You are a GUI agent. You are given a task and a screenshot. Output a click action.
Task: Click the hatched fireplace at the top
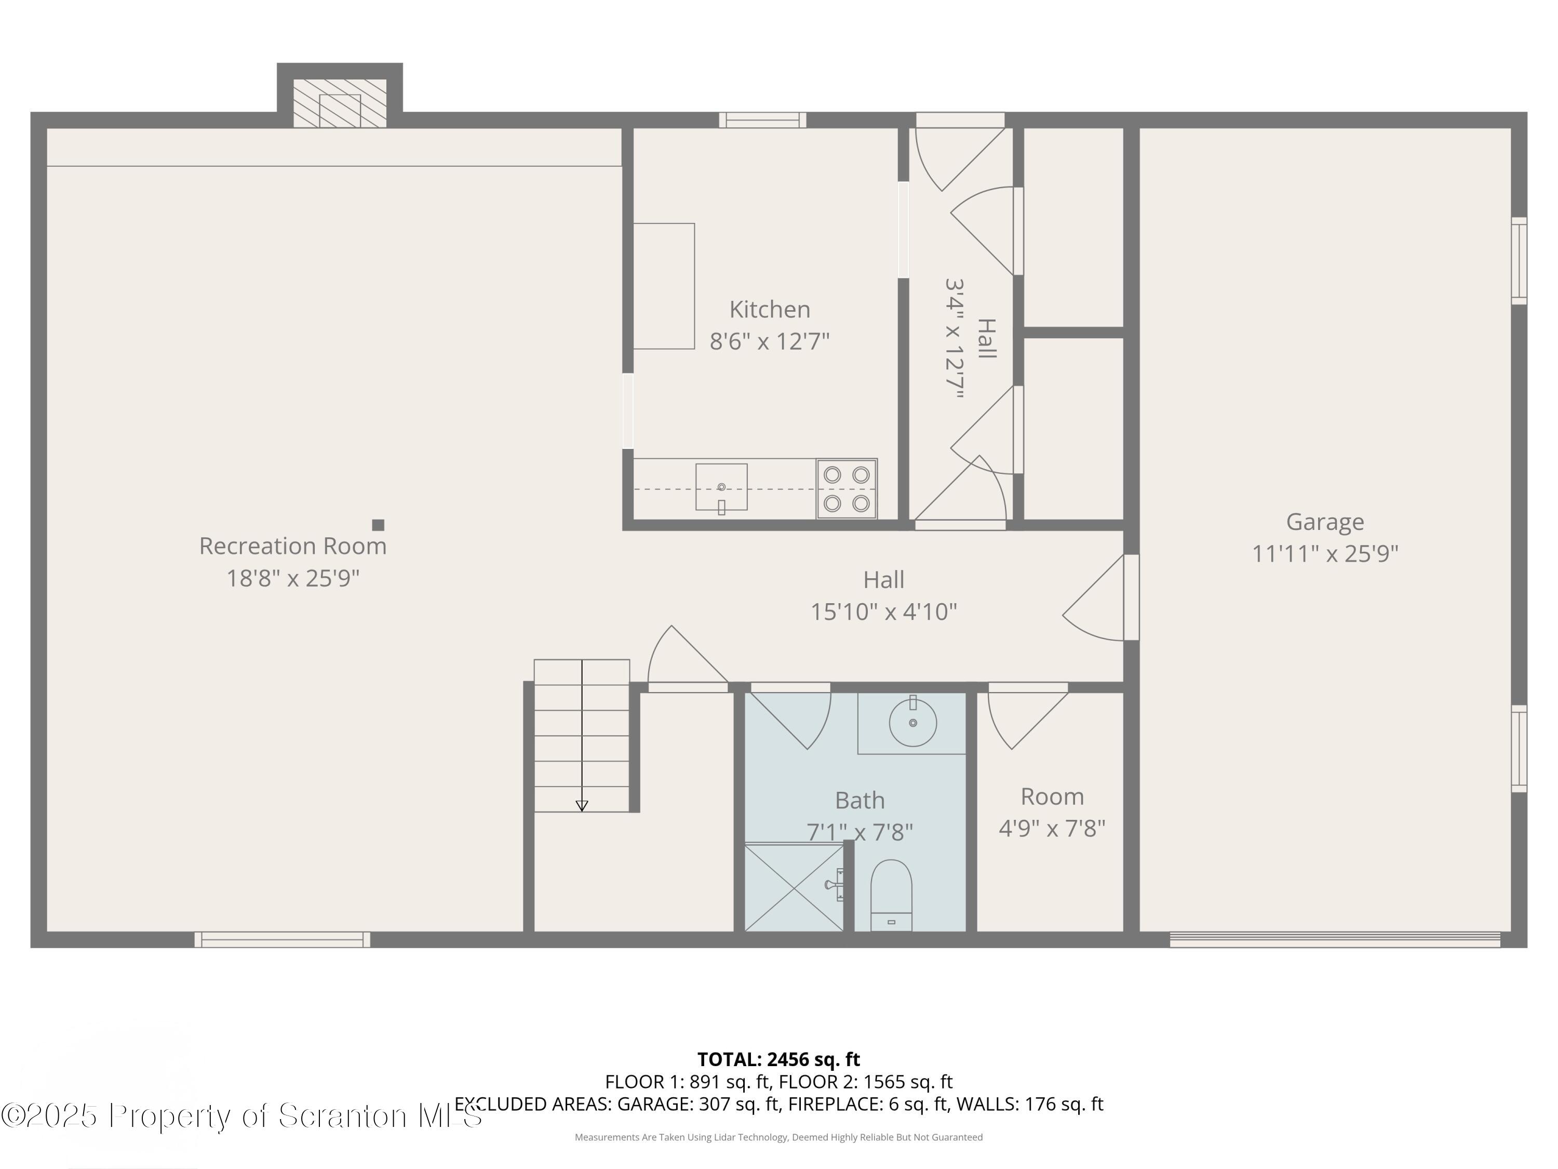(340, 103)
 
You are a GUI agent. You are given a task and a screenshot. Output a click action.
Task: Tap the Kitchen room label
(769, 309)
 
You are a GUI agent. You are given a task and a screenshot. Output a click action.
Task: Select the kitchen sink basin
(721, 487)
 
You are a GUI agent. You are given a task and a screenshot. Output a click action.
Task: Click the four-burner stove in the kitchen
(847, 489)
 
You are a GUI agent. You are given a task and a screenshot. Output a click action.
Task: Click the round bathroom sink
(913, 723)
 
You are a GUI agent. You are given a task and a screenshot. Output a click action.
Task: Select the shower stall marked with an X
(794, 888)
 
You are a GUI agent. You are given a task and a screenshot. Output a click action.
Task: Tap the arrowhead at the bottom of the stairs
(582, 805)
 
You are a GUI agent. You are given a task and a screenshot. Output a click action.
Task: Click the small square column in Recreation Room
(378, 525)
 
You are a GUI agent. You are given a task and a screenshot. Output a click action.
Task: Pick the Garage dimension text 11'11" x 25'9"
(1325, 554)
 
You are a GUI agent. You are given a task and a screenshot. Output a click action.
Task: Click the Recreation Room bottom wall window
(283, 939)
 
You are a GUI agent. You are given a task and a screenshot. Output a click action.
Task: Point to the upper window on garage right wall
(1519, 261)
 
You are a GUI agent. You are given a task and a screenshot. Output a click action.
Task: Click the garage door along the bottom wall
(1335, 939)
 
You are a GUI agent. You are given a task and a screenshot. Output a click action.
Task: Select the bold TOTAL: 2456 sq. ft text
(778, 1059)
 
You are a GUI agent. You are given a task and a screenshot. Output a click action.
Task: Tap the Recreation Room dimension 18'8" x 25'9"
(292, 578)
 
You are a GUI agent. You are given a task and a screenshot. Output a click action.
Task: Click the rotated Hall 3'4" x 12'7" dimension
(955, 339)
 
